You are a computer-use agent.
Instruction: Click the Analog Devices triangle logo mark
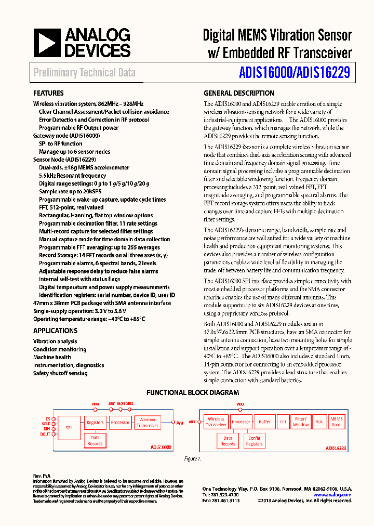click(x=47, y=43)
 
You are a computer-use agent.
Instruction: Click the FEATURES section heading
click(x=48, y=94)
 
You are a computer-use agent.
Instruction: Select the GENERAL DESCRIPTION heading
click(x=238, y=94)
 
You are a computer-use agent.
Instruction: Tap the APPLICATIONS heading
click(x=55, y=331)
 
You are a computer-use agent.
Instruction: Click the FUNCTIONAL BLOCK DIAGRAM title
click(x=193, y=393)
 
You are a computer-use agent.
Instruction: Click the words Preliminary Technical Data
click(x=84, y=73)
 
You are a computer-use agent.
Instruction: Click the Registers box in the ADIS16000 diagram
click(x=95, y=423)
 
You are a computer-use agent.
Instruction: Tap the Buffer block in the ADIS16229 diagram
click(x=265, y=422)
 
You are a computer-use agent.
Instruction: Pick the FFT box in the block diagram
click(x=283, y=422)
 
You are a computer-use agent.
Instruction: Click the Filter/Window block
click(x=301, y=422)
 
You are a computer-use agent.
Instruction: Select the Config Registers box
click(x=254, y=441)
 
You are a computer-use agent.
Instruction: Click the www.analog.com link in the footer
click(x=332, y=495)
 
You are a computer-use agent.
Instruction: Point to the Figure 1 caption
click(x=192, y=459)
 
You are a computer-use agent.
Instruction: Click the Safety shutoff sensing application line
click(x=60, y=373)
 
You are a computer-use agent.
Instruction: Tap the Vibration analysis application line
click(x=55, y=341)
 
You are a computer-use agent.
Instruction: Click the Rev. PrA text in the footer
click(x=41, y=476)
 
